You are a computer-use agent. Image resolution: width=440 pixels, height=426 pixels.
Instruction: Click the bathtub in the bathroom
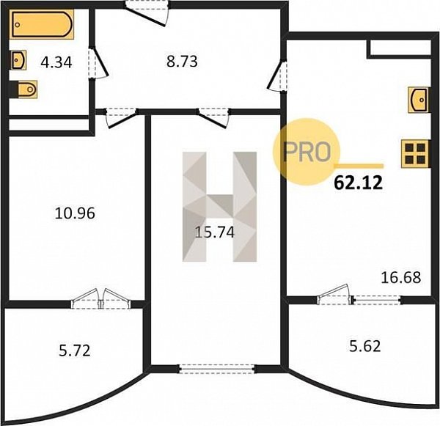point(43,24)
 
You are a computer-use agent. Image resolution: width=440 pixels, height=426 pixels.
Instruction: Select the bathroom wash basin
point(19,60)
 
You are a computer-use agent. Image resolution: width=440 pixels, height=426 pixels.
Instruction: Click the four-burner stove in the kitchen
point(415,154)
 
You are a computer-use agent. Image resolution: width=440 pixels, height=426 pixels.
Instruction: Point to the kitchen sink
point(419,100)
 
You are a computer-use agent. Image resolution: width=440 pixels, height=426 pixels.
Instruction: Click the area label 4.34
point(56,62)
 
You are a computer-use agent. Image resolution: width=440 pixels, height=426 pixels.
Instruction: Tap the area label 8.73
point(182,62)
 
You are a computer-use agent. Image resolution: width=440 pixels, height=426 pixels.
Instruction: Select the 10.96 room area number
point(75,213)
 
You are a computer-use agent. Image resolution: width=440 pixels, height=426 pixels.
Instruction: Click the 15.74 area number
point(215,232)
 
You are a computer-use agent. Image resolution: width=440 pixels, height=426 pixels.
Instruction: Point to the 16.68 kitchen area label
point(401,278)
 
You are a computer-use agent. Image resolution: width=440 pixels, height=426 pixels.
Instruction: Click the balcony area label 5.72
point(75,350)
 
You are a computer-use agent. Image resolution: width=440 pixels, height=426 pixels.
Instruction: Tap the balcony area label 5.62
point(365,346)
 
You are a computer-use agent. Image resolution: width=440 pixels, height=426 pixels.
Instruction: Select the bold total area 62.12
point(359,183)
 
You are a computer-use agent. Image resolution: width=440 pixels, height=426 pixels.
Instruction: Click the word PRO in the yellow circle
point(306,152)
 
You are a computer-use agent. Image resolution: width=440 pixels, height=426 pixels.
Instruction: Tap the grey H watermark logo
point(219,207)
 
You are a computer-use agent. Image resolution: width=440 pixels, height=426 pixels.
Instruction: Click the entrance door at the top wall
point(147,12)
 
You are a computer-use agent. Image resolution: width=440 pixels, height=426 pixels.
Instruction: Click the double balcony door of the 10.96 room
point(100,299)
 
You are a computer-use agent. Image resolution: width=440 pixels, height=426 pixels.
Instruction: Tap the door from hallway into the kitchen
point(278,76)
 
